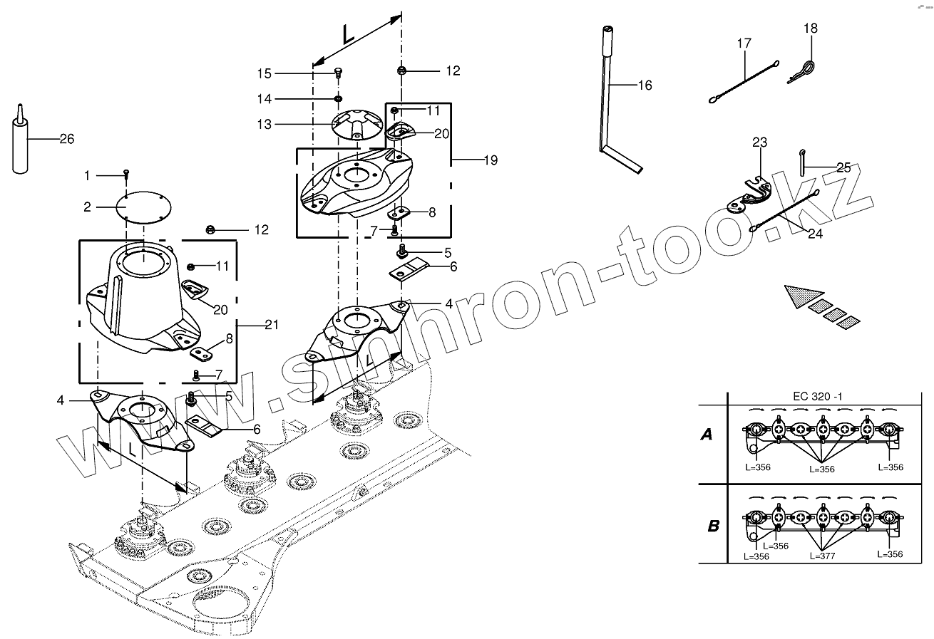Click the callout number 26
(x=66, y=139)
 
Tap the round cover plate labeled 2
(x=143, y=207)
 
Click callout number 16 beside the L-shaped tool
(x=644, y=85)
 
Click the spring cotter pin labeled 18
(x=803, y=71)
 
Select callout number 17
(x=744, y=43)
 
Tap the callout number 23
(x=759, y=142)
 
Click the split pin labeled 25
(x=803, y=160)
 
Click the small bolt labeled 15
(x=338, y=71)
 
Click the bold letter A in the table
(x=706, y=435)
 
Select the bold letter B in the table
(x=712, y=526)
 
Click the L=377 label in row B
(x=823, y=555)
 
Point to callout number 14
(x=265, y=98)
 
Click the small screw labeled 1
(x=125, y=172)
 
